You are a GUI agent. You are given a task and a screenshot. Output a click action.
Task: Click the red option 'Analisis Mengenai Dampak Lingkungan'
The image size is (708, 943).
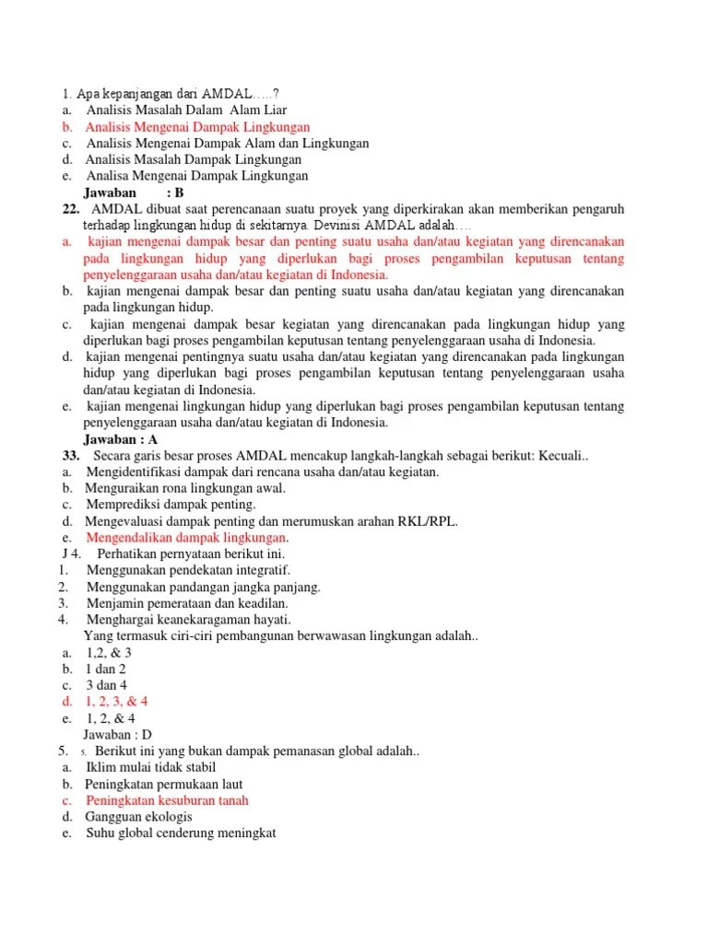pos(198,127)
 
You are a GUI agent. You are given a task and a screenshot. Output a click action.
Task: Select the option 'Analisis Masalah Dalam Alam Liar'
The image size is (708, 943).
pos(187,111)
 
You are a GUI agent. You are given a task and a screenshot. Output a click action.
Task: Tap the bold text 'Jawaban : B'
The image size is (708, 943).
pos(134,192)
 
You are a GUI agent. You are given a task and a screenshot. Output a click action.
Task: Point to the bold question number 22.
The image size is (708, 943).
pos(71,209)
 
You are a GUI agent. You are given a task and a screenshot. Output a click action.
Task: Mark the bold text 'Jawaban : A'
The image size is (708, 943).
pos(121,439)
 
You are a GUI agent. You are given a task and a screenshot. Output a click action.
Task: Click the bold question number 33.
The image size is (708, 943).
pos(71,456)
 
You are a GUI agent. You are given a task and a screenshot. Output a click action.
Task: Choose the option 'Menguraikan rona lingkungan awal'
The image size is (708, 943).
pos(186,488)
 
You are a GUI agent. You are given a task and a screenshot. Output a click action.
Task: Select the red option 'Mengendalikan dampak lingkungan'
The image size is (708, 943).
pos(187,538)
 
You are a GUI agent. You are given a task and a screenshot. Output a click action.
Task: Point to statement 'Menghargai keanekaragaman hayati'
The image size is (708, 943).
pos(188,620)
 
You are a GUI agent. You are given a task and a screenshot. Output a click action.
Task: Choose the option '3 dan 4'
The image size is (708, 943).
pos(107,686)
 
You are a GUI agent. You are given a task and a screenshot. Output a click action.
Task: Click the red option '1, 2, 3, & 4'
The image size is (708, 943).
pos(117,702)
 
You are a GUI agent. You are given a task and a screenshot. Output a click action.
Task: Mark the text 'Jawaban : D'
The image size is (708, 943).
pos(117,735)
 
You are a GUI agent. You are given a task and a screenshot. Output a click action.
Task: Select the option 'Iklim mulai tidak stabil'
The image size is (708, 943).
pos(150,768)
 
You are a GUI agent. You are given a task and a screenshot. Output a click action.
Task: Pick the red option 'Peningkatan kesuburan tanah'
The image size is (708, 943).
pos(167,801)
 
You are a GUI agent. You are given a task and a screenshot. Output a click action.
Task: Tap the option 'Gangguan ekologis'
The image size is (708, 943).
pos(139,818)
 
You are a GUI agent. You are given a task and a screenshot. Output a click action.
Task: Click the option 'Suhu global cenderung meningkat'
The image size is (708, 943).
pos(181,834)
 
